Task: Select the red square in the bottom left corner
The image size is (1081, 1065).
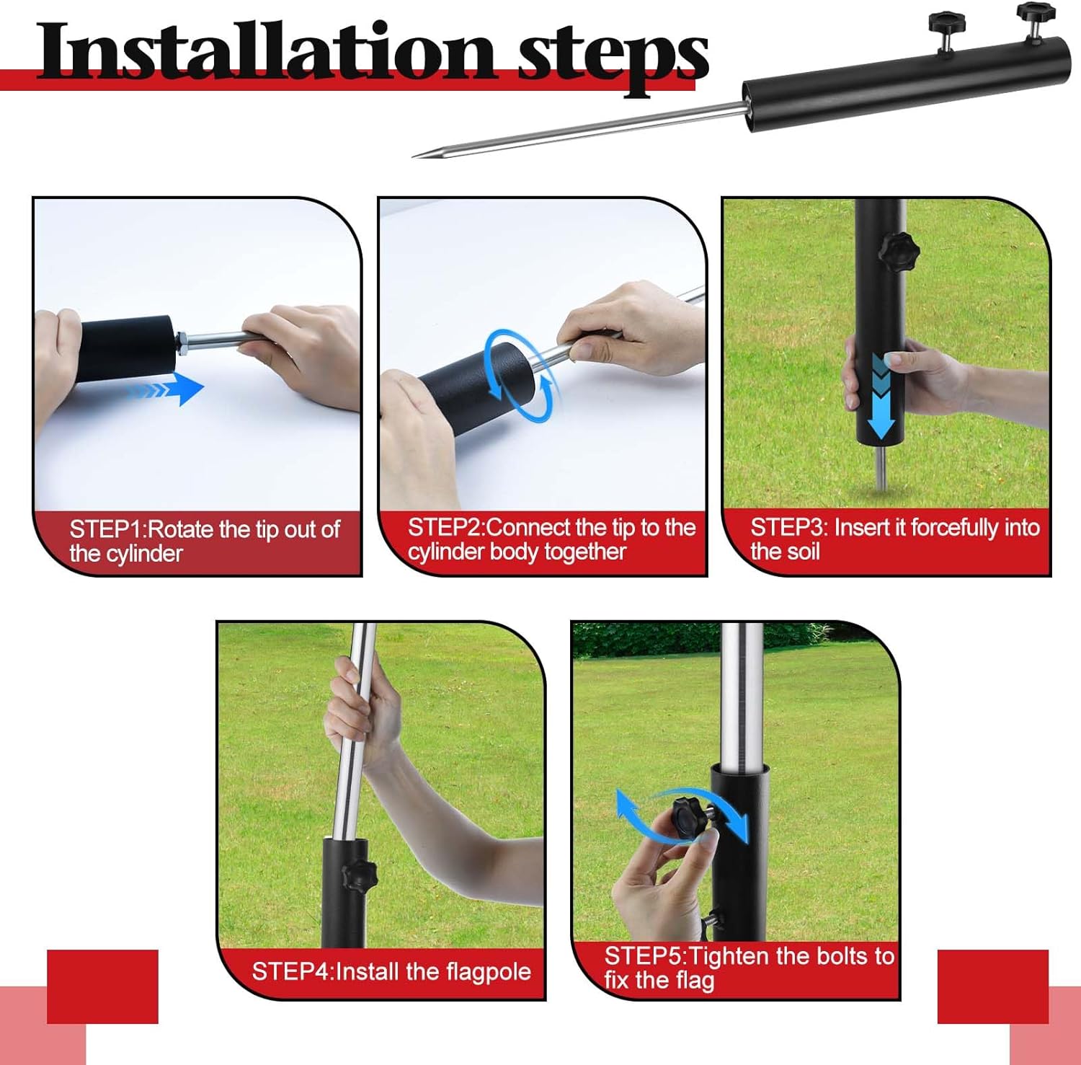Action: tap(102, 986)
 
